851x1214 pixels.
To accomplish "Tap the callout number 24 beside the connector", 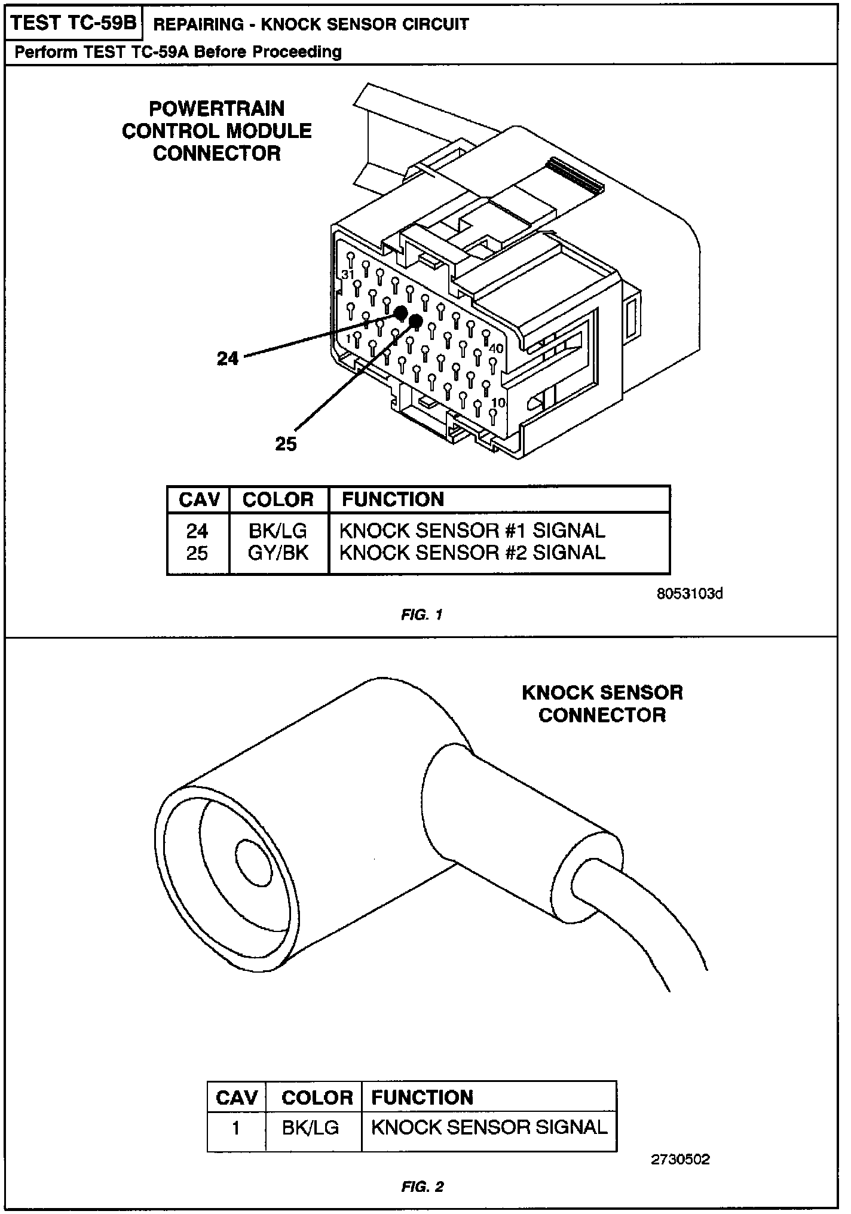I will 228,358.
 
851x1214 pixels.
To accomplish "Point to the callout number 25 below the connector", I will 286,444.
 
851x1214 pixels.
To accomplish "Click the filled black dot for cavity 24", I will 400,312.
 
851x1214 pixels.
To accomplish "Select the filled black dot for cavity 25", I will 416,323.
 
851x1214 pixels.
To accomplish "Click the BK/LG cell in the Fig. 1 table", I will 278,531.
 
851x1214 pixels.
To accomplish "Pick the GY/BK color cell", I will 278,553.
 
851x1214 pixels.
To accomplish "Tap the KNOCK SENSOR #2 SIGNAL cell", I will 472,553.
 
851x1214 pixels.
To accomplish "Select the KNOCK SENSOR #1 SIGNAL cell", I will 472,531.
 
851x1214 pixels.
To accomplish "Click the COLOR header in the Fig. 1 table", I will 278,499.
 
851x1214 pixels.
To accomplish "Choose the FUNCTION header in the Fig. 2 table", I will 422,1097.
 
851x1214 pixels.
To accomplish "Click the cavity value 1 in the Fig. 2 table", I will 236,1128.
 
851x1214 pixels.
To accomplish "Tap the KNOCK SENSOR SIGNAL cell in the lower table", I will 489,1127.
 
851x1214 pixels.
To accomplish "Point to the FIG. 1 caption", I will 422,614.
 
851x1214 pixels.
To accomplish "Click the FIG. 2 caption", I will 422,1187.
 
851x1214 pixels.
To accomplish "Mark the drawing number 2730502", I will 680,1160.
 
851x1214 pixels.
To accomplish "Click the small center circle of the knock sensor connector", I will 255,860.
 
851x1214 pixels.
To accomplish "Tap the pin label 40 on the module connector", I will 496,348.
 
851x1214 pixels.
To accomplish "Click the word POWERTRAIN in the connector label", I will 216,109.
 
